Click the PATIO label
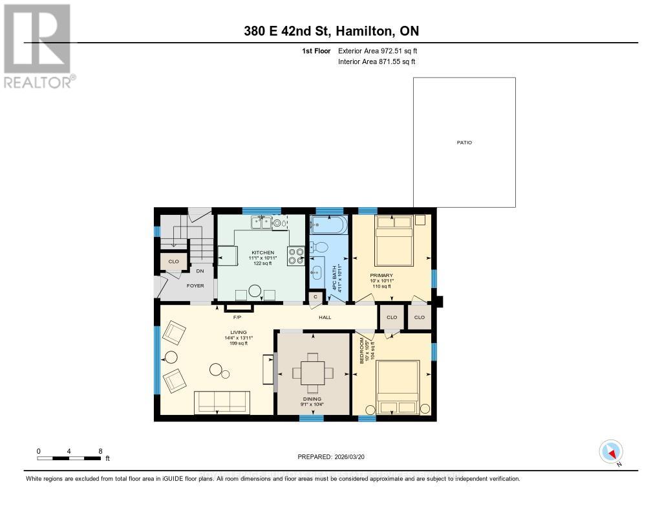464,142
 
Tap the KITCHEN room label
263,252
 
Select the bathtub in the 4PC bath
328,226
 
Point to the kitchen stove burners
296,256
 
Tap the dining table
313,373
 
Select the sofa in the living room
222,402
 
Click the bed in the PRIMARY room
394,241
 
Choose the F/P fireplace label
237,318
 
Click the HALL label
325,318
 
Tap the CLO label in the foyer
173,262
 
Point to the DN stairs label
200,271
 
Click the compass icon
611,451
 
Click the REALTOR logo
37,45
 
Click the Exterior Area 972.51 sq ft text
382,50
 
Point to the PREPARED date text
331,456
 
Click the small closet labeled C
315,296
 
